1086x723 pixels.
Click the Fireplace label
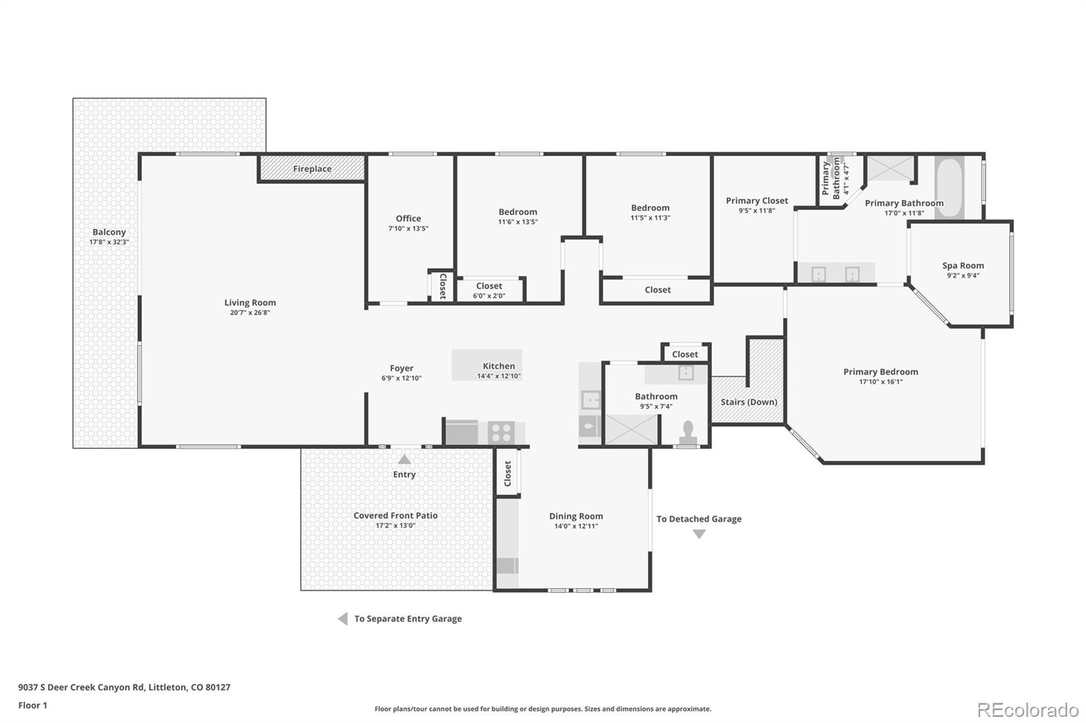point(312,169)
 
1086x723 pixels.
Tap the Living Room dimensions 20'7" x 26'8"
point(250,313)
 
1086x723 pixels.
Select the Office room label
point(408,218)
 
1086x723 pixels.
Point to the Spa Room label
point(963,266)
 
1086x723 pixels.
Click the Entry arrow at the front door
point(405,459)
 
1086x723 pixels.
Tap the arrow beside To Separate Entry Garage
point(343,619)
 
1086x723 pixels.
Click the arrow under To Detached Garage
point(698,534)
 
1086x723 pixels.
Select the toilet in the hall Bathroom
point(688,433)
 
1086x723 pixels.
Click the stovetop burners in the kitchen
point(502,432)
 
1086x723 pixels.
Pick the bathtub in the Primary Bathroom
point(950,187)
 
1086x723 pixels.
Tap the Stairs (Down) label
point(749,402)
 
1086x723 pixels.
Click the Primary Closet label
point(757,201)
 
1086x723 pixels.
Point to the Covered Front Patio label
point(396,515)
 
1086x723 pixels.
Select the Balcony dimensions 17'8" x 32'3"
point(109,242)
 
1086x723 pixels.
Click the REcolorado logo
point(1028,710)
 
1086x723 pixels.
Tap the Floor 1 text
point(33,705)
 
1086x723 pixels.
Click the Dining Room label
point(576,516)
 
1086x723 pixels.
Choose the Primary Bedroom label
point(880,372)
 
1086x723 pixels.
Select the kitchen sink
point(591,400)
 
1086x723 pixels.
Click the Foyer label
point(401,368)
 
